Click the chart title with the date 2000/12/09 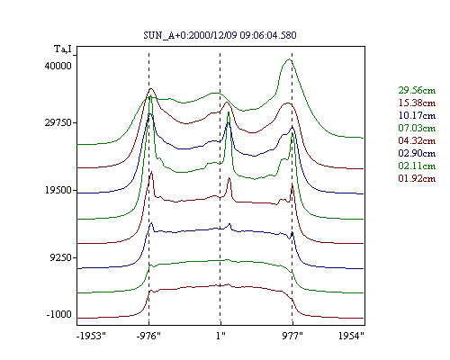coord(220,35)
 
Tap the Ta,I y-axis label coord(63,49)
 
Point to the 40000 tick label coord(58,66)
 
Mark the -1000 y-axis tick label coord(58,314)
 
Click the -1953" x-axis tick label coord(91,336)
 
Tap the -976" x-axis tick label coord(148,336)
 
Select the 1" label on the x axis coord(220,336)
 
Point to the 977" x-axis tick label coord(292,336)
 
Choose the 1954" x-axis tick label coord(351,336)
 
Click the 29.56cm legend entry coord(417,90)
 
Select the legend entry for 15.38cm coord(417,103)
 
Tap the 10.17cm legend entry coord(417,115)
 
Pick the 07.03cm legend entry coord(417,128)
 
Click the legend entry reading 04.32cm coord(417,140)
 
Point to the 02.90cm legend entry coord(417,153)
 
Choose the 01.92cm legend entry coord(417,178)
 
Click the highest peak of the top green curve coord(289,59)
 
